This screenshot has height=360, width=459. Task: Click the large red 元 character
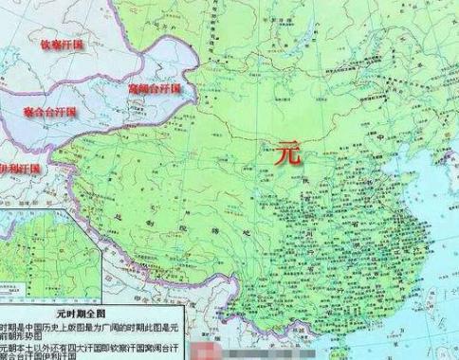click(x=287, y=152)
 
